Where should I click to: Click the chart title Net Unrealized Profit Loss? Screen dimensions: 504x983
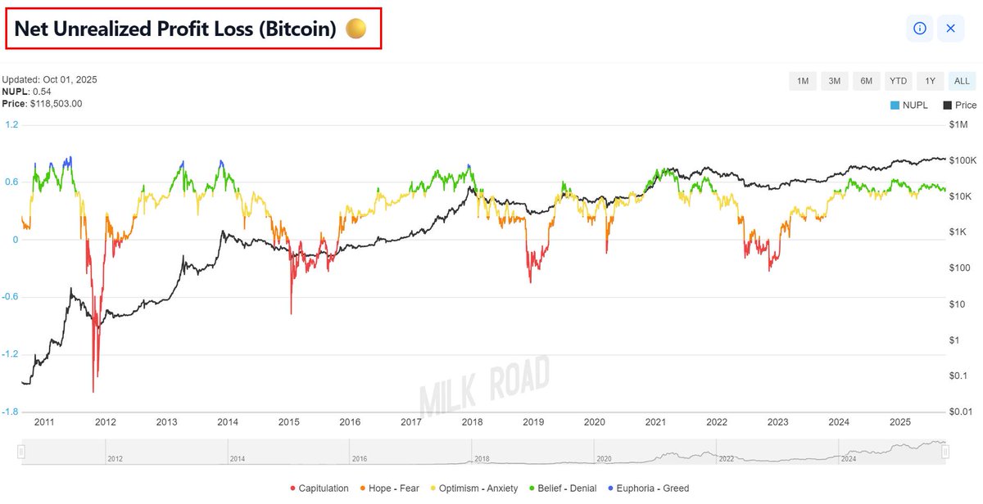click(175, 29)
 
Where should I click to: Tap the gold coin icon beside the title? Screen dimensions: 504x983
click(356, 29)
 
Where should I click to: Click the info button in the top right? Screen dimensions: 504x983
click(919, 28)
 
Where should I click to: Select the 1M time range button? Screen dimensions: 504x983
click(802, 81)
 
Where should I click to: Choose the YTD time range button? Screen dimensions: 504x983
click(898, 81)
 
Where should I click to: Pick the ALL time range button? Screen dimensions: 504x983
click(962, 81)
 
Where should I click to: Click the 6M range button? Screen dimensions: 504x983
click(866, 81)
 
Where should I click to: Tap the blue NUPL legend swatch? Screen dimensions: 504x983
click(895, 106)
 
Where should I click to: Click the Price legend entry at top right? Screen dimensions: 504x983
click(960, 106)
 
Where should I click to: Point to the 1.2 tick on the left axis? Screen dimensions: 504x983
click(11, 125)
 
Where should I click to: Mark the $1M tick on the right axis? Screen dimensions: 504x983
click(958, 125)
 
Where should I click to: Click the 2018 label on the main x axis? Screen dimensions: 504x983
click(473, 422)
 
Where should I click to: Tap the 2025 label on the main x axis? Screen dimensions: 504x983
click(900, 422)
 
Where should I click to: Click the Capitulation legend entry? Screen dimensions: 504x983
click(319, 488)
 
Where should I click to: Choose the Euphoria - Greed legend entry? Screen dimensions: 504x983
click(651, 488)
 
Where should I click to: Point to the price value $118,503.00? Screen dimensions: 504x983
click(55, 104)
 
